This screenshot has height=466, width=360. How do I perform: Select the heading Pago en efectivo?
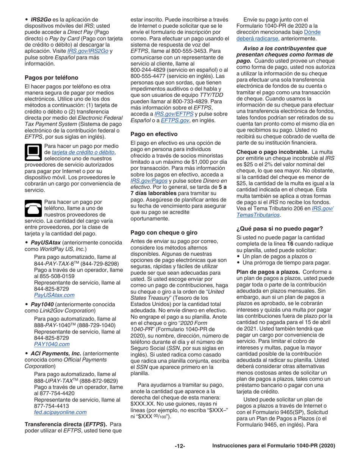154,134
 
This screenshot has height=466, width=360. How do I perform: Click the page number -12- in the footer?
180,446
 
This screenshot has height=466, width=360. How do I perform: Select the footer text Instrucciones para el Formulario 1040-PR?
273,446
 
